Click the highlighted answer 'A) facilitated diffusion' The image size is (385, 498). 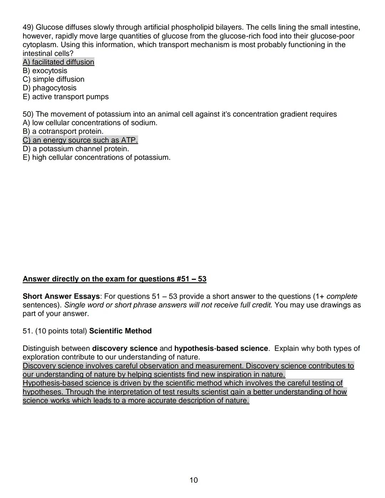click(x=58, y=62)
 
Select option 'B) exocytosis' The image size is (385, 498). click(x=45, y=71)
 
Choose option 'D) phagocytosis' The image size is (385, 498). click(x=50, y=88)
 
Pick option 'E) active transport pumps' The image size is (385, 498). click(x=66, y=97)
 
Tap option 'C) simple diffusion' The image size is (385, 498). click(x=53, y=79)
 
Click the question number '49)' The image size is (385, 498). click(x=28, y=27)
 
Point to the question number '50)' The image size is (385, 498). click(x=28, y=114)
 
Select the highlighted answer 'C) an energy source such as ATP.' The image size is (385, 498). click(x=80, y=140)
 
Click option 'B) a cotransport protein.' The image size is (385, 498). click(x=63, y=132)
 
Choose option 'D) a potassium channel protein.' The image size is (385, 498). click(x=76, y=149)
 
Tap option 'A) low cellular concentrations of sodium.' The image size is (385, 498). click(x=90, y=123)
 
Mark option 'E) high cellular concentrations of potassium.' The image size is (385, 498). click(x=97, y=158)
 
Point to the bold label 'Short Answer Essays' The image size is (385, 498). click(x=61, y=296)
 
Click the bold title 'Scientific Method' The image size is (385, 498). click(x=120, y=331)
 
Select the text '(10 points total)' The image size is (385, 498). click(x=61, y=331)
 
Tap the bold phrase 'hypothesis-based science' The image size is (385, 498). click(x=221, y=348)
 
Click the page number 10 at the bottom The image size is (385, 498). click(x=194, y=480)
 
